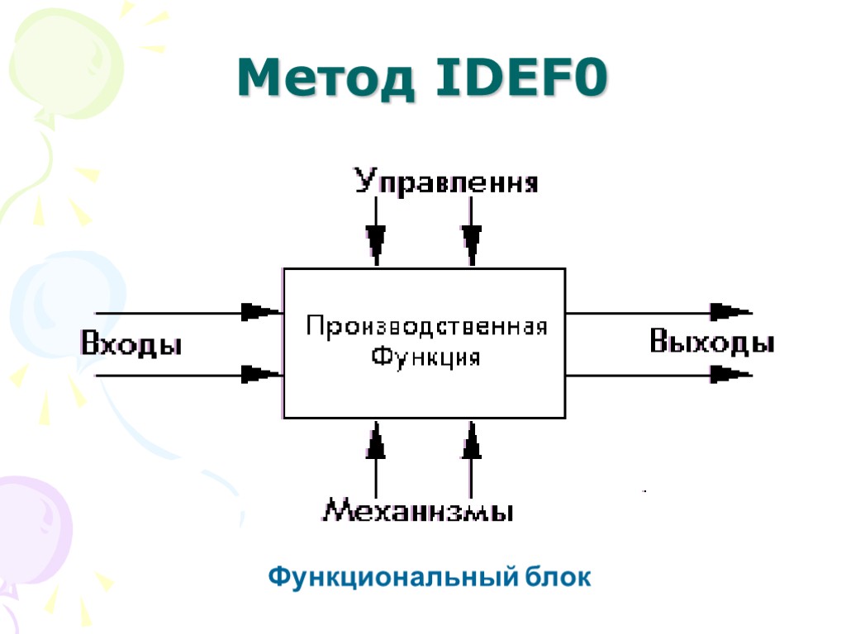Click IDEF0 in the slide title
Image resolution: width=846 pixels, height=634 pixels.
(x=519, y=81)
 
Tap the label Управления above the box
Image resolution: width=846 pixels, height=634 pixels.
(x=447, y=182)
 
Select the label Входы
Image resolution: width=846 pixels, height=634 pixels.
(x=131, y=343)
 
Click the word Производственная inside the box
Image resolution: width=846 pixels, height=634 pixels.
(x=426, y=327)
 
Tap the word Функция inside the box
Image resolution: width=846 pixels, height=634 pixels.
(x=425, y=358)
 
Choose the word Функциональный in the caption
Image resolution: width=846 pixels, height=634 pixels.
(x=392, y=577)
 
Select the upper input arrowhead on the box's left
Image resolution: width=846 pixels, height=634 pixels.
(x=260, y=312)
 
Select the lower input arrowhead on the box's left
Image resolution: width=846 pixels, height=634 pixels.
(x=260, y=375)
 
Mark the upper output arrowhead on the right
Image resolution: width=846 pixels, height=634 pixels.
(x=730, y=312)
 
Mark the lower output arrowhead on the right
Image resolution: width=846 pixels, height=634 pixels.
(x=730, y=375)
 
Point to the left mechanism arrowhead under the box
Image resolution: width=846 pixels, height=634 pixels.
(x=377, y=443)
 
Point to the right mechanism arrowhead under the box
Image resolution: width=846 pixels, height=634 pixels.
(x=472, y=443)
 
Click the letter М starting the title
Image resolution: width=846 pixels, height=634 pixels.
(x=258, y=81)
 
